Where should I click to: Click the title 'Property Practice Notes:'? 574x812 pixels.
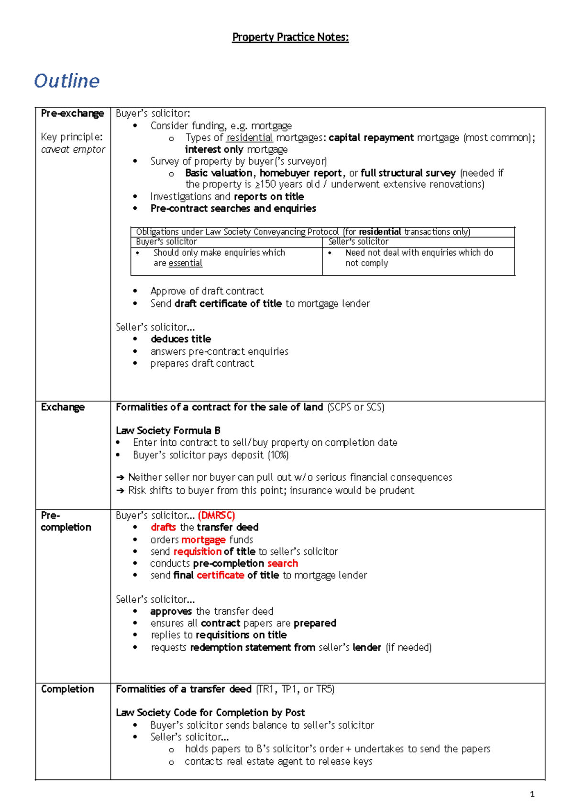pos(290,37)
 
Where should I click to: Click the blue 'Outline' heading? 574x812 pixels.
pos(67,81)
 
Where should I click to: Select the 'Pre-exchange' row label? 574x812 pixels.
pos(72,113)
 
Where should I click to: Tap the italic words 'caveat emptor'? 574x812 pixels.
pos(73,149)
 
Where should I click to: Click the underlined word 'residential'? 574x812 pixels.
pos(250,138)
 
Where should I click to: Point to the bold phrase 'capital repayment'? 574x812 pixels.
pos(371,138)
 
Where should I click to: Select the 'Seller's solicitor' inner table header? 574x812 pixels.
pos(358,242)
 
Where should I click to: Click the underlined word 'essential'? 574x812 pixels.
pos(185,263)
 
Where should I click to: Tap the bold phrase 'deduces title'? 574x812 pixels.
pos(181,339)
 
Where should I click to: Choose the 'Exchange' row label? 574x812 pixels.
pos(63,407)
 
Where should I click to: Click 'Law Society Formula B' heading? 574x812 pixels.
pos(168,430)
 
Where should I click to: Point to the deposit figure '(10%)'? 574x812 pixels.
pos(278,455)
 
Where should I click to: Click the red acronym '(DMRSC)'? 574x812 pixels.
pos(216,516)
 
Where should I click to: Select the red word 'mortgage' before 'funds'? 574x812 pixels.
pos(203,540)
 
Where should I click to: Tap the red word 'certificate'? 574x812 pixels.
pos(220,575)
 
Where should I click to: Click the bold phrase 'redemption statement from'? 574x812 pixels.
pos(253,647)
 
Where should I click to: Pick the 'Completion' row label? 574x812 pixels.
pos(67,689)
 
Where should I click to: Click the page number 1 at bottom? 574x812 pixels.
pos(532,794)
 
